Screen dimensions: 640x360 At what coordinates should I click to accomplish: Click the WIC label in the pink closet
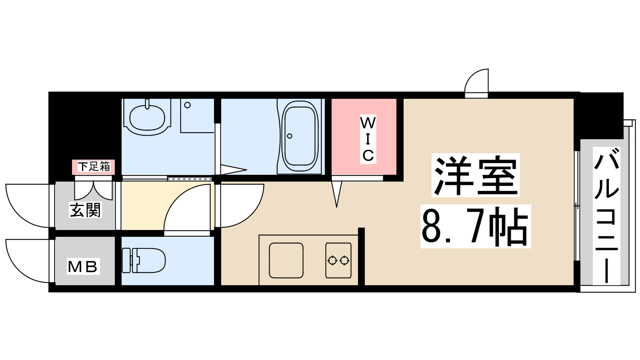point(368,139)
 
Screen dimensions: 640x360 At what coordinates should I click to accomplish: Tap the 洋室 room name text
point(476,175)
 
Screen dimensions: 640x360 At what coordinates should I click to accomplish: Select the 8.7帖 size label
point(476,226)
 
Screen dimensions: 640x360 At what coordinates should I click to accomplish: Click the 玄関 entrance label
point(85,210)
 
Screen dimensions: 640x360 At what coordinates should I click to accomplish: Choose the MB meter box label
point(83,266)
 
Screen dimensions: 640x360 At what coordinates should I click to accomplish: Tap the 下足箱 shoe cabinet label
point(94,167)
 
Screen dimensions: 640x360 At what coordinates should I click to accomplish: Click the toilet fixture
point(144,260)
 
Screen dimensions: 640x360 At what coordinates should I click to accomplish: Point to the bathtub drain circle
point(290,136)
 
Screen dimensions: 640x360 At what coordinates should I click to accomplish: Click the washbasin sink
point(147,117)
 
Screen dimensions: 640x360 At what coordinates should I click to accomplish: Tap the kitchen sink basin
point(286,260)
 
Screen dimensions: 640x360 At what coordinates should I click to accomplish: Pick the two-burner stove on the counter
point(338,260)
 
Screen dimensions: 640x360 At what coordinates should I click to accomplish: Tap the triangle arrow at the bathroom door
point(234,170)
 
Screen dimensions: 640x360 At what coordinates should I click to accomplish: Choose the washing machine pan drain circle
point(188,105)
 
